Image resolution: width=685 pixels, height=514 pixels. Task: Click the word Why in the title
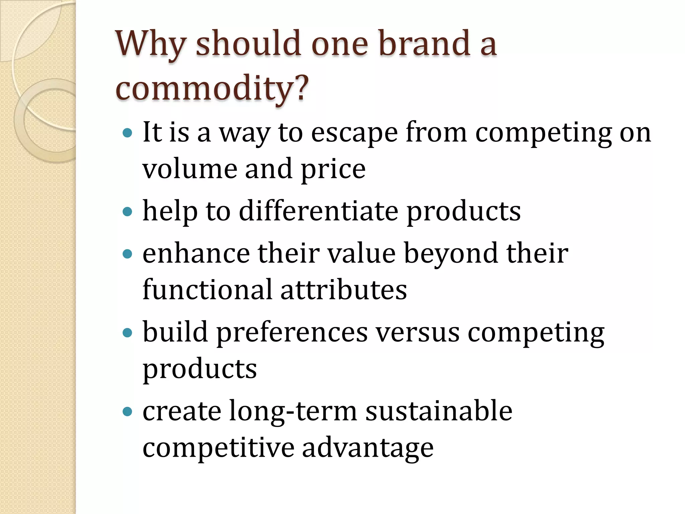[x=151, y=44]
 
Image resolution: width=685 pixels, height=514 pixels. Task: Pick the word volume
[x=189, y=169]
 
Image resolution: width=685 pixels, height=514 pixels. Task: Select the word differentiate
[x=318, y=211]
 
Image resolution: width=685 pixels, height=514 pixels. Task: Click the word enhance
[x=196, y=253]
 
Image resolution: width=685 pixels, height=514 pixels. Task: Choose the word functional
[x=207, y=289]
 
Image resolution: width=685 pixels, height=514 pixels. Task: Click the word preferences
[x=292, y=333]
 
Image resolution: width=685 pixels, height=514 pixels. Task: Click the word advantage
[x=368, y=448]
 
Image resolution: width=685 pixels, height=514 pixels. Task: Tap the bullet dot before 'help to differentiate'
[x=127, y=211]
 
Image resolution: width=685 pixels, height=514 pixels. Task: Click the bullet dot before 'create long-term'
[x=127, y=411]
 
